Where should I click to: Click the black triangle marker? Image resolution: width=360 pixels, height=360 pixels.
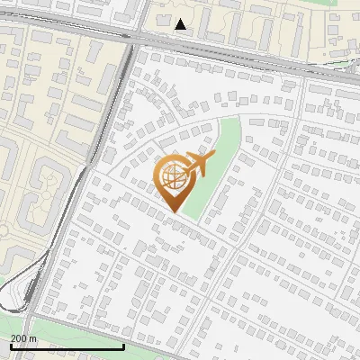(181, 24)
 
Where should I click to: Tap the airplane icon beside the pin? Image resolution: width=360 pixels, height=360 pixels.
(200, 165)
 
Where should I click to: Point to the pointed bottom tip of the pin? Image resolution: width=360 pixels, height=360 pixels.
(174, 211)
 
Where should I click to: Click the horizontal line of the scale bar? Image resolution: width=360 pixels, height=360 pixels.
(67, 346)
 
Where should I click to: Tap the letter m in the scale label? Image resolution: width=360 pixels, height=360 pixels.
(33, 338)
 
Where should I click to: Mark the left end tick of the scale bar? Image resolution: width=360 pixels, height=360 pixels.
(11, 345)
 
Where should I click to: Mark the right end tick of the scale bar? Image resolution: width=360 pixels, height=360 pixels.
(124, 345)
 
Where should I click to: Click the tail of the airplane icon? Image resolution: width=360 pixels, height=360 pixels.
(185, 167)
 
